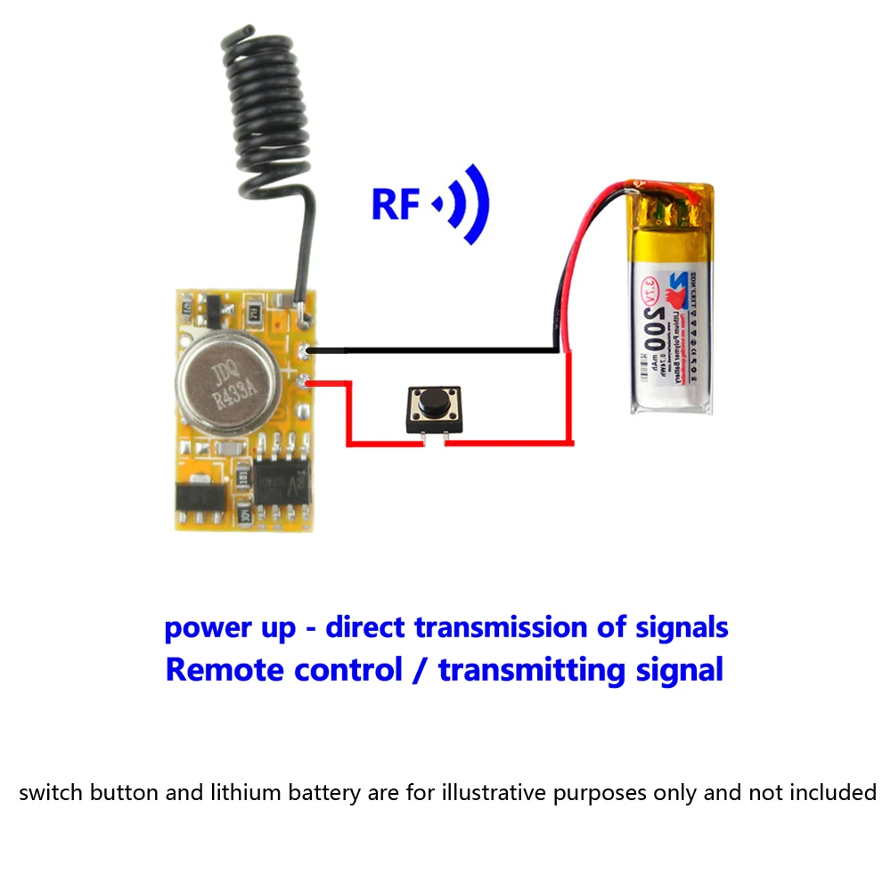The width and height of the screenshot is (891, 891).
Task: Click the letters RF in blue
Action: click(395, 204)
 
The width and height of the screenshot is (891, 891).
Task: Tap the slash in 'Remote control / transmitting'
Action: click(420, 669)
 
